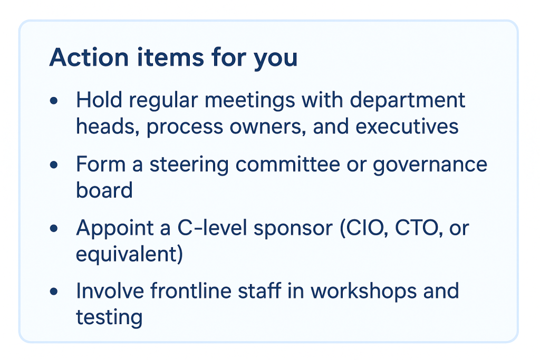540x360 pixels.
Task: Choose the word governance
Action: (x=429, y=165)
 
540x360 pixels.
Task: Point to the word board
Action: (x=104, y=190)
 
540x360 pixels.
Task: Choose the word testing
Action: (x=109, y=318)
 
